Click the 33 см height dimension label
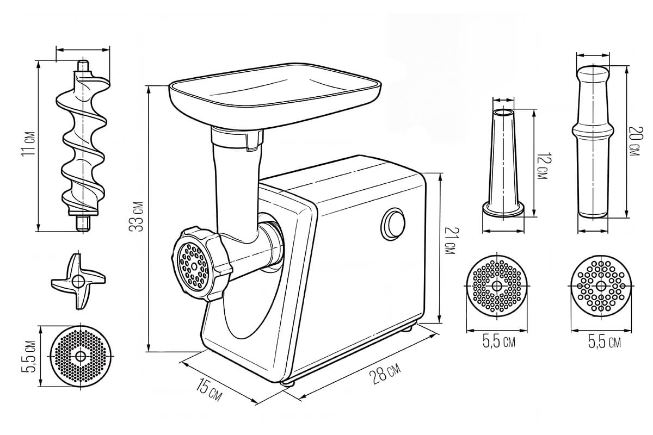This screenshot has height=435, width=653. point(136,216)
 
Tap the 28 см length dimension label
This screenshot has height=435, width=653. point(385,373)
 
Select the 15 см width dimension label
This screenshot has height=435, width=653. point(208,389)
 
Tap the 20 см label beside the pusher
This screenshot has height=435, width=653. point(634,141)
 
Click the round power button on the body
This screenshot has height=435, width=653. point(392,224)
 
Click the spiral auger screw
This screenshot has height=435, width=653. point(83,146)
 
